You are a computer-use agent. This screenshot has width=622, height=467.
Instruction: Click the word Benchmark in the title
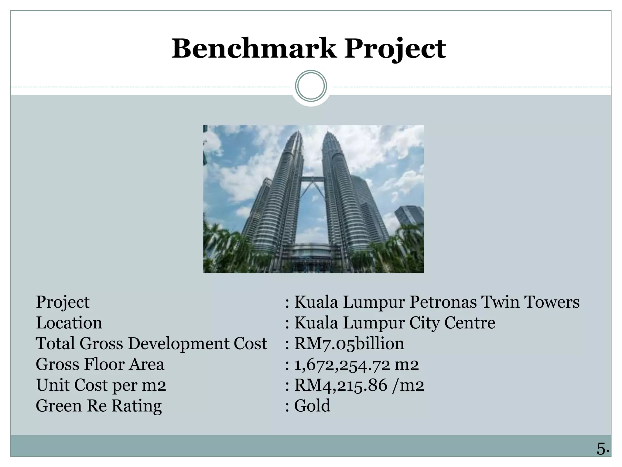[x=254, y=49]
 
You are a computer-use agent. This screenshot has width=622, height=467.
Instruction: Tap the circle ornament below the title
[x=311, y=86]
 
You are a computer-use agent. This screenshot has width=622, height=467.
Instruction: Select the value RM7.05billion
[x=349, y=344]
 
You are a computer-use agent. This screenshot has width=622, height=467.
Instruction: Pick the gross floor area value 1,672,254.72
[x=342, y=364]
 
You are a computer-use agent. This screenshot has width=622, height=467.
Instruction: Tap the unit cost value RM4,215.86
[x=341, y=385]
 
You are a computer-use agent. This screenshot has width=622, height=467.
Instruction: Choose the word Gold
[x=312, y=406]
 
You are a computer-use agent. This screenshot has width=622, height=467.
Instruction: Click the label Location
[x=69, y=323]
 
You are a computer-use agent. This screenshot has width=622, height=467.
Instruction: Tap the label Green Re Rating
[x=99, y=406]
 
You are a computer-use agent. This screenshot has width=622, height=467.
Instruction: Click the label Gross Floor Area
[x=100, y=364]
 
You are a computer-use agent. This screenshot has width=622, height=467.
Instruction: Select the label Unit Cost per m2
[x=101, y=385]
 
